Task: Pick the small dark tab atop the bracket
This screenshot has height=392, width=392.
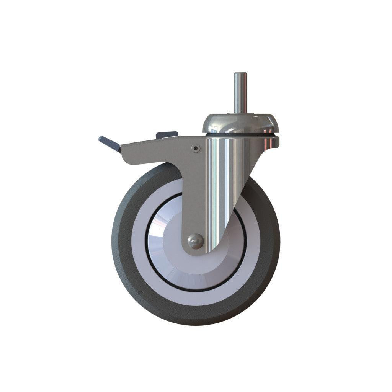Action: point(167,134)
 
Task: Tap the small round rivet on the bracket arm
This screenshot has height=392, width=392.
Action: point(196,148)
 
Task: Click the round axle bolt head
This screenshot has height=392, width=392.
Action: point(195,242)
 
